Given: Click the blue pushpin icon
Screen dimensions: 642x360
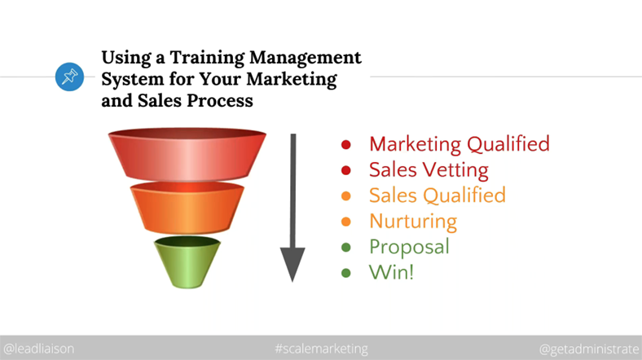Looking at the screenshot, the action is click(69, 77).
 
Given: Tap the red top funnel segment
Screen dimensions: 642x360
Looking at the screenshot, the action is click(187, 154).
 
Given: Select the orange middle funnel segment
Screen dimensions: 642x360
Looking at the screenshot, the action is click(187, 208).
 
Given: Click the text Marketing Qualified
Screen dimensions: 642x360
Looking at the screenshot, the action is click(459, 144).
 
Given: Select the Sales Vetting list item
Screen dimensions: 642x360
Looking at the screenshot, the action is click(429, 169).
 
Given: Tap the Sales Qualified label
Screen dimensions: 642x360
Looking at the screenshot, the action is click(438, 195).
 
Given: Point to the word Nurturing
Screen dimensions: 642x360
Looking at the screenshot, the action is click(413, 222).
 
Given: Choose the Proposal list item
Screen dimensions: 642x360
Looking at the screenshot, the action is click(409, 247).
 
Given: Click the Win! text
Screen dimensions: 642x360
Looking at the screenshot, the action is click(391, 272).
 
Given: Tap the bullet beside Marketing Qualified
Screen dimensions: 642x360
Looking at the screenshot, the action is click(346, 144).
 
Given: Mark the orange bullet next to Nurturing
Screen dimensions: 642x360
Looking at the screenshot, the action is click(346, 222).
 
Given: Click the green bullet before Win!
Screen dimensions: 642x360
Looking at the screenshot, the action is click(346, 273).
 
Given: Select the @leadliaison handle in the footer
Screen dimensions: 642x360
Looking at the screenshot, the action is click(39, 349).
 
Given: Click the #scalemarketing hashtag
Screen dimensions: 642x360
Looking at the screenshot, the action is click(322, 349).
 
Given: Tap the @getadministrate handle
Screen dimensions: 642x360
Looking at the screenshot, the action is click(590, 349).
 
